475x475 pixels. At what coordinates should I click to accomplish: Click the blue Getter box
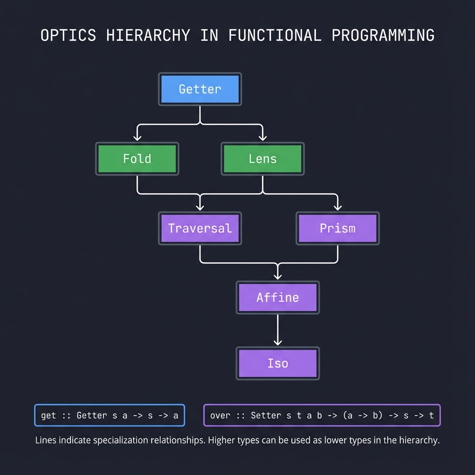199,89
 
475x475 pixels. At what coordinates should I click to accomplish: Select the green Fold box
137,159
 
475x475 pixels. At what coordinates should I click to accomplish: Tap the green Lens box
263,159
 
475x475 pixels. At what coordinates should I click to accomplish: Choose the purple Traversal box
199,228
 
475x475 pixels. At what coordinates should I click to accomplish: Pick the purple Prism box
337,228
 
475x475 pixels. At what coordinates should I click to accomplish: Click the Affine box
277,297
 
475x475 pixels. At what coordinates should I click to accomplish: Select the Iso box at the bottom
277,363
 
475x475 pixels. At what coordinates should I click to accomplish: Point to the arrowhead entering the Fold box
137,137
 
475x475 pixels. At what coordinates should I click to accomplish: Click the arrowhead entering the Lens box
263,137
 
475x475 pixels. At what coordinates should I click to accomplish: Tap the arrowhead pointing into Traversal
199,206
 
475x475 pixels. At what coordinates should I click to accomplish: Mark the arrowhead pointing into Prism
337,206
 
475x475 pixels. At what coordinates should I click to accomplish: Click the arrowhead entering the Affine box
277,276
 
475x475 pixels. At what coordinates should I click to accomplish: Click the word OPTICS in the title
68,36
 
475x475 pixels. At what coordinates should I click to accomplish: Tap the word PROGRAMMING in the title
384,36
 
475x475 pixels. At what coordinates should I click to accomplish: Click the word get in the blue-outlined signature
48,416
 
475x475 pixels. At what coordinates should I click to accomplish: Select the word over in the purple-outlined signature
220,416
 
